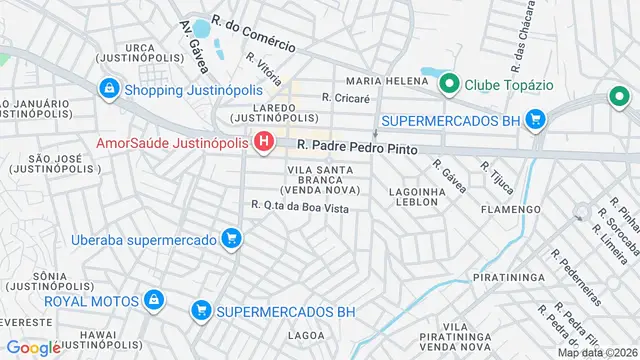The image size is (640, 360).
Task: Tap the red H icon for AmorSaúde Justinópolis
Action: [264, 143]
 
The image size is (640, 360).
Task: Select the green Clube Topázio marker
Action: [449, 83]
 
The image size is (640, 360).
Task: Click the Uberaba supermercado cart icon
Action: [232, 240]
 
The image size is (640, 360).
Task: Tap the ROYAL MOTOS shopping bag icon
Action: [154, 299]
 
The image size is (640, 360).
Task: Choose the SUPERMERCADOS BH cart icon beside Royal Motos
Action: [201, 310]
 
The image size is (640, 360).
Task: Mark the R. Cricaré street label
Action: [346, 98]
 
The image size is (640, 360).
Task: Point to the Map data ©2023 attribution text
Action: [597, 352]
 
